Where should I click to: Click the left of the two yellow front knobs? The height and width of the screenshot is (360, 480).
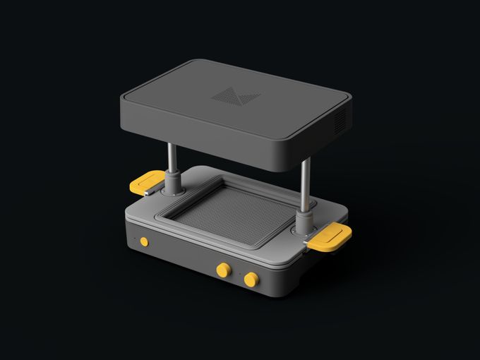(x=224, y=270)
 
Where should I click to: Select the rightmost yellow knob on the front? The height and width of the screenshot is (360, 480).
(x=250, y=280)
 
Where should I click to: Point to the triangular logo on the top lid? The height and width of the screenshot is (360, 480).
(x=235, y=97)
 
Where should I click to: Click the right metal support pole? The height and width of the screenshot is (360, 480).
(x=305, y=187)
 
